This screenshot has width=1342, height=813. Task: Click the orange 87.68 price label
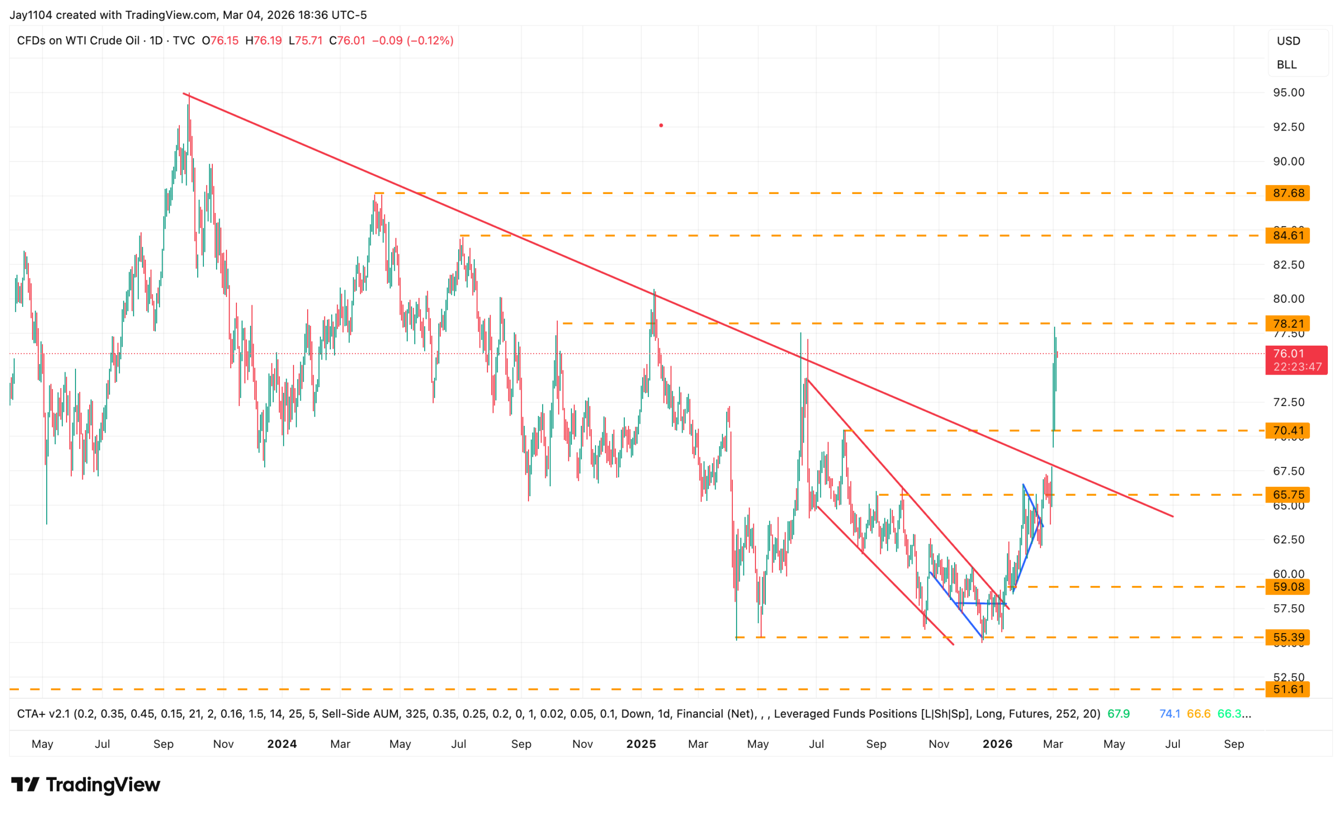(1287, 193)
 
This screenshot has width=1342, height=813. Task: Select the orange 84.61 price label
(1287, 236)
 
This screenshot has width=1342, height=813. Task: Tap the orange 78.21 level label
(1287, 323)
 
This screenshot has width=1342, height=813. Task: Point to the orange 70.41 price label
(1287, 431)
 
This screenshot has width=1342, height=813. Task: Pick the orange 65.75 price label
(1287, 494)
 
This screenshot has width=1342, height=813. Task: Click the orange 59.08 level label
(1287, 587)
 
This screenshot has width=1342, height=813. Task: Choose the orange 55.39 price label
(1287, 637)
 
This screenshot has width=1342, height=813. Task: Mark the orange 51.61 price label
(1287, 689)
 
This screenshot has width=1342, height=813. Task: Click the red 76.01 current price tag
(1296, 360)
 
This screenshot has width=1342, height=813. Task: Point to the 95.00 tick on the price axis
(1288, 93)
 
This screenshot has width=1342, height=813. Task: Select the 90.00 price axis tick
(1288, 162)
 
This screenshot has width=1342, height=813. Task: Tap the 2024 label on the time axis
(282, 744)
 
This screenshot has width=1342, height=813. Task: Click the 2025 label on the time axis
(641, 744)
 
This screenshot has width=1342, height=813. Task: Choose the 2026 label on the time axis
(997, 744)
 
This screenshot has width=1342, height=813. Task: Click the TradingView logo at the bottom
(85, 785)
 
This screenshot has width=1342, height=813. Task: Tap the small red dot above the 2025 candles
(661, 125)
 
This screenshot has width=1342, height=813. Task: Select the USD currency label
(1288, 41)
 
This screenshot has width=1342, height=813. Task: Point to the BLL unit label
(1286, 65)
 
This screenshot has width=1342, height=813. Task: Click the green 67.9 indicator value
(1118, 714)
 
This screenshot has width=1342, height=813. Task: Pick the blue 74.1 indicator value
(1170, 714)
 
